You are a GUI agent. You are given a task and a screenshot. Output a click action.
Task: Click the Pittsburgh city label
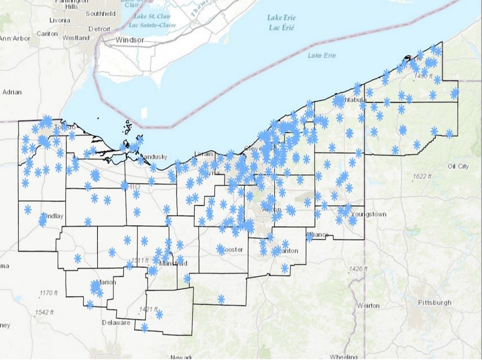point(434,302)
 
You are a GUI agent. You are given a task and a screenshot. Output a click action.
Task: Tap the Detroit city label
point(99,29)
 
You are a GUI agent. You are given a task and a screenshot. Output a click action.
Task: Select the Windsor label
point(130,40)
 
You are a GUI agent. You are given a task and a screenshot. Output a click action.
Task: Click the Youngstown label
point(368,214)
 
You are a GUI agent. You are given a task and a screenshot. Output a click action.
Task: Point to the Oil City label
point(458,166)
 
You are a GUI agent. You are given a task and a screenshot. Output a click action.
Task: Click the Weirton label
point(368,305)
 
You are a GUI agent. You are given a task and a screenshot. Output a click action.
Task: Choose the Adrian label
point(12,92)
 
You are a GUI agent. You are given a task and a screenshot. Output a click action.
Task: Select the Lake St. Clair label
point(152,16)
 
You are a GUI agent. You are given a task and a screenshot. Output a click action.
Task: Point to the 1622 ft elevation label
point(422,176)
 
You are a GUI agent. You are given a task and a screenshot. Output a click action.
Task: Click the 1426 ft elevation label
point(358,268)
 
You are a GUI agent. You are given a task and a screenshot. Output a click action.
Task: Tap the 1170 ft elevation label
point(49,293)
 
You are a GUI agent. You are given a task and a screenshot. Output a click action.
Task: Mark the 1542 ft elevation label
point(44,312)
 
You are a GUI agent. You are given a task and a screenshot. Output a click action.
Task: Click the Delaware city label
point(116,323)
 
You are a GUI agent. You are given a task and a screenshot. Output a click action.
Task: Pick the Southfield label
point(101,14)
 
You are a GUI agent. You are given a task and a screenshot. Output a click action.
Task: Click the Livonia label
point(59,20)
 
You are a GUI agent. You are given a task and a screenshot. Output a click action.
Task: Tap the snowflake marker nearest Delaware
point(145,327)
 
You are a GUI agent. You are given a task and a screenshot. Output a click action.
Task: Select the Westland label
point(76,38)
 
